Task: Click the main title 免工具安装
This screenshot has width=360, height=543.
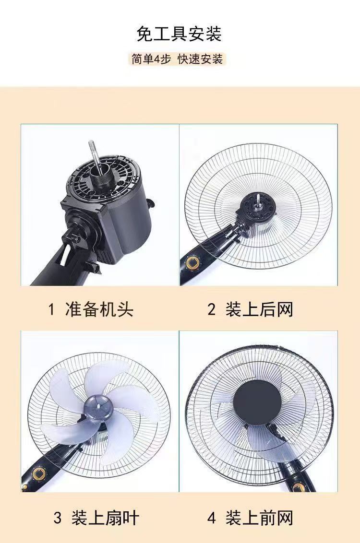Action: click(x=179, y=34)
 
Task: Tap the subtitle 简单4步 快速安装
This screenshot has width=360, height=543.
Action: click(x=177, y=59)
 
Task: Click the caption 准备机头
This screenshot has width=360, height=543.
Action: click(x=99, y=309)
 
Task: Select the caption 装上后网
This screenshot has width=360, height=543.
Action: click(x=259, y=309)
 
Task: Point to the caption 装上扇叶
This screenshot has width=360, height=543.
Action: click(x=105, y=518)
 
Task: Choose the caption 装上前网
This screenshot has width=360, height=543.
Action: click(x=259, y=518)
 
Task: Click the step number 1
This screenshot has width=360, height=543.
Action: click(x=52, y=309)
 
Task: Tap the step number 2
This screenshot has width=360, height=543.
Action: click(x=212, y=309)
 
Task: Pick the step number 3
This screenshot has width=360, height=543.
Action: click(x=58, y=519)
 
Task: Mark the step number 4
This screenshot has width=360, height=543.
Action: click(x=212, y=519)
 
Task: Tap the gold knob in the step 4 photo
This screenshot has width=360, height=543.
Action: click(x=299, y=487)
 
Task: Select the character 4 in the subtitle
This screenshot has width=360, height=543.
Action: click(x=157, y=59)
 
